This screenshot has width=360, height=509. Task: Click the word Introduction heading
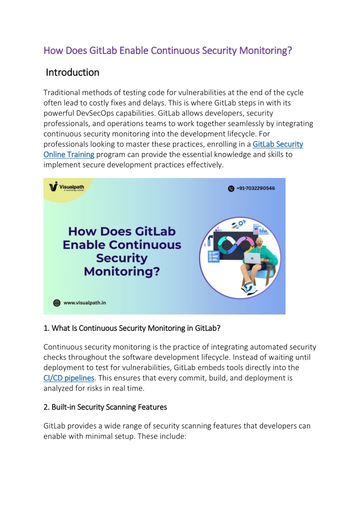click(72, 72)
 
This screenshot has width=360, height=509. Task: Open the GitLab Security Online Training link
click(278, 144)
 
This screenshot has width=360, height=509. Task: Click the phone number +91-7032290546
click(256, 188)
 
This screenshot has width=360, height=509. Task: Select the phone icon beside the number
click(231, 188)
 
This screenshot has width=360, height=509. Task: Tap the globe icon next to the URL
click(56, 302)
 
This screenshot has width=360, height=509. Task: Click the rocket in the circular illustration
click(241, 223)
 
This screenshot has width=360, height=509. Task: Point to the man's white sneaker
click(249, 288)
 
